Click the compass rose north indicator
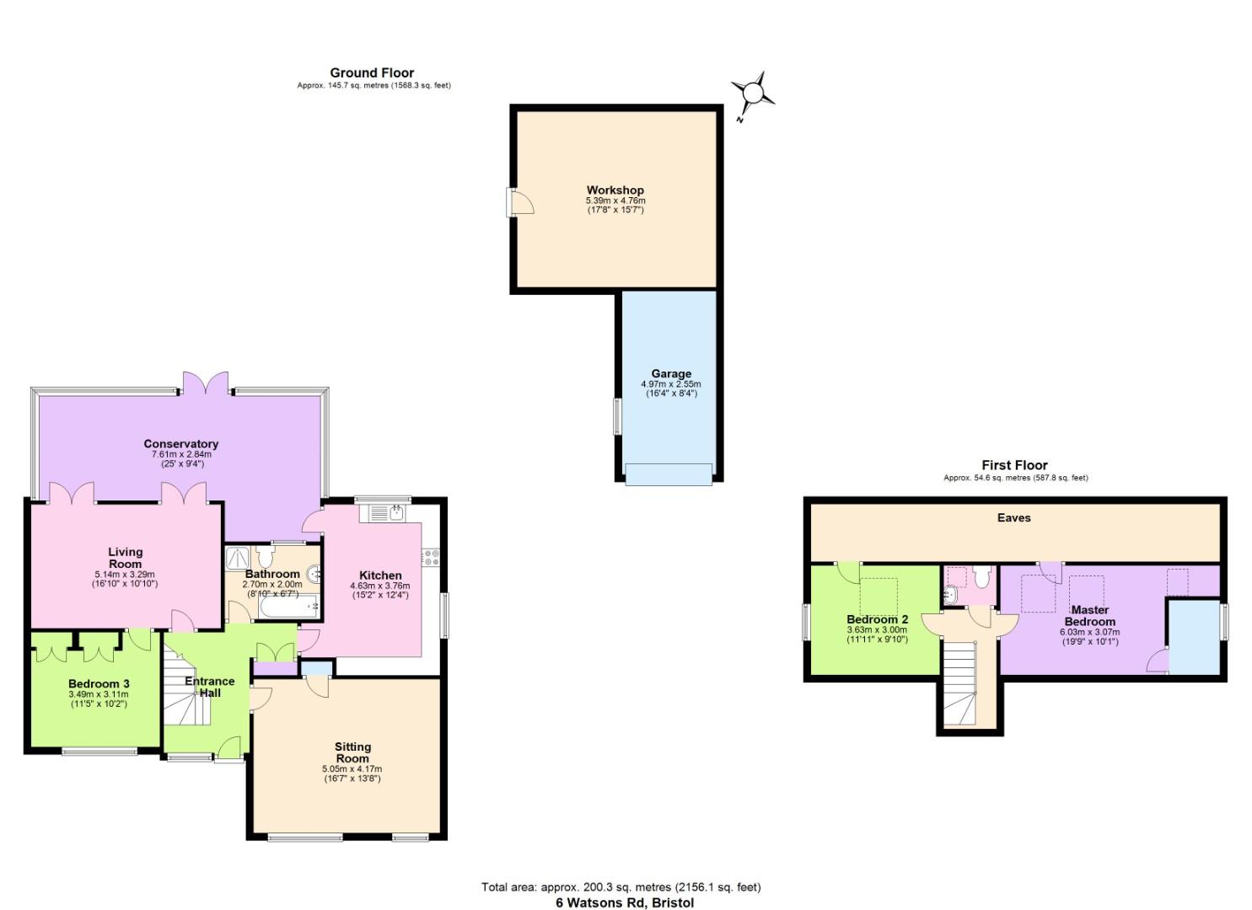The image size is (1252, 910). (752, 93)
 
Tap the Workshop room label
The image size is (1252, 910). (615, 190)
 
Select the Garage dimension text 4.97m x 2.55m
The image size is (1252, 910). (670, 384)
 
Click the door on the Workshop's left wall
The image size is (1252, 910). (519, 202)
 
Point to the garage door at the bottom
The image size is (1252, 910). (669, 474)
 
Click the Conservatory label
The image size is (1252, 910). (180, 444)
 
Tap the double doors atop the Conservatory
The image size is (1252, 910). (207, 383)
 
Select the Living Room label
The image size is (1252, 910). (125, 558)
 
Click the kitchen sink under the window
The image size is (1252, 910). (384, 512)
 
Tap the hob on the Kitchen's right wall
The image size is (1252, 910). (431, 557)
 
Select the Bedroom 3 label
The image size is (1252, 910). (99, 683)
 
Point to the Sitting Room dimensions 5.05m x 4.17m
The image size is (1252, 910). (352, 768)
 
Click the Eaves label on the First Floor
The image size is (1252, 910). (1013, 518)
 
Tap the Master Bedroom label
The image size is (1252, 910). (1089, 615)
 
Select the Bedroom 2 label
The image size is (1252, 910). (877, 619)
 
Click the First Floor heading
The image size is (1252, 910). (1014, 465)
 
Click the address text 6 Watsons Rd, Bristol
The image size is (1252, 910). (625, 902)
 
